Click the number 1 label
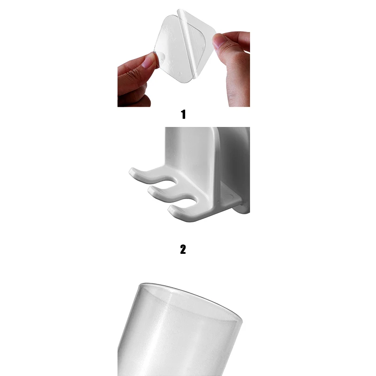(183, 114)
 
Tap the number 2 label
(183, 249)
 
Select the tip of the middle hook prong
(153, 190)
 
